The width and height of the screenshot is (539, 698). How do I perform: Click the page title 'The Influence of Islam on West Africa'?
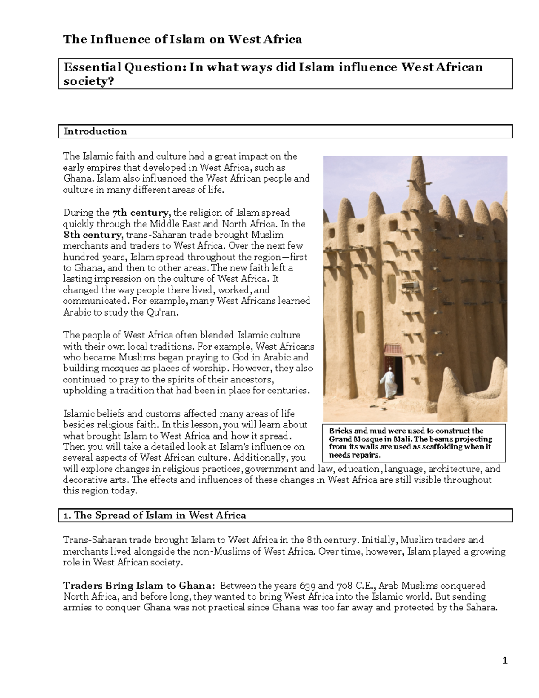(x=182, y=40)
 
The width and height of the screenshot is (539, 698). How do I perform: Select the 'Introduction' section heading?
(x=95, y=131)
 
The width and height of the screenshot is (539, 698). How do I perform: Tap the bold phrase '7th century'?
(x=140, y=213)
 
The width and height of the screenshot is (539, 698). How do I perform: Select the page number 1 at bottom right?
(x=505, y=660)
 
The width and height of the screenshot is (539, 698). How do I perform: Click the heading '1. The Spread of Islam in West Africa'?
(x=155, y=516)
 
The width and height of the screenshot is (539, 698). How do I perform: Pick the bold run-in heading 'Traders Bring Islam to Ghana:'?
(x=139, y=586)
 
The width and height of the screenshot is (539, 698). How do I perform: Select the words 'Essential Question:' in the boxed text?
(x=124, y=67)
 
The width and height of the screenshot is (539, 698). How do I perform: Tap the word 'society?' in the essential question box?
(x=89, y=81)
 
